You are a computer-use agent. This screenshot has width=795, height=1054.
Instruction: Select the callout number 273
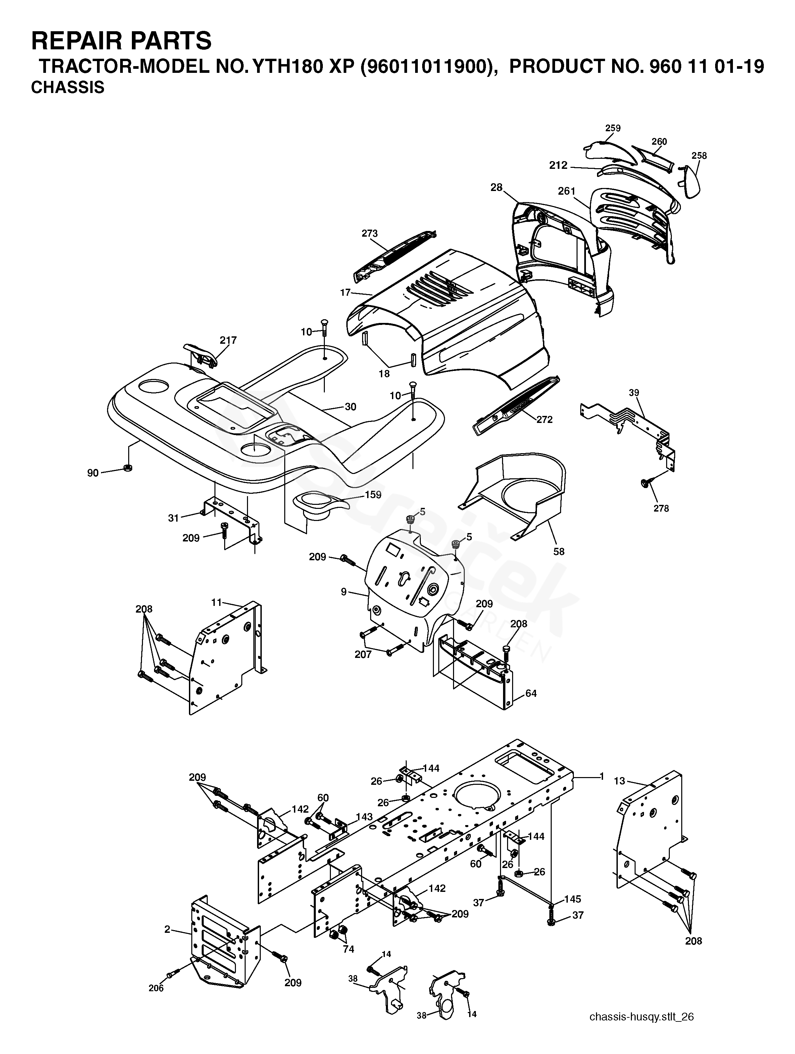click(369, 234)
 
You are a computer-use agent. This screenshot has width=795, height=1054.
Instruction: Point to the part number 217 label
click(228, 340)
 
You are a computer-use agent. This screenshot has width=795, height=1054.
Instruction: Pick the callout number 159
click(373, 494)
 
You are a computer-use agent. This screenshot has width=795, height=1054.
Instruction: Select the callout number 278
click(661, 509)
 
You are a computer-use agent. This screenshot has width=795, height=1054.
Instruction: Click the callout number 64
click(531, 693)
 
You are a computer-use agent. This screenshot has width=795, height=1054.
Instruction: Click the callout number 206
click(156, 988)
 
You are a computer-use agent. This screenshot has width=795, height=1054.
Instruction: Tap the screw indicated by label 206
click(172, 975)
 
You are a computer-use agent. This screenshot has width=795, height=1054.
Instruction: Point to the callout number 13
click(619, 781)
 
